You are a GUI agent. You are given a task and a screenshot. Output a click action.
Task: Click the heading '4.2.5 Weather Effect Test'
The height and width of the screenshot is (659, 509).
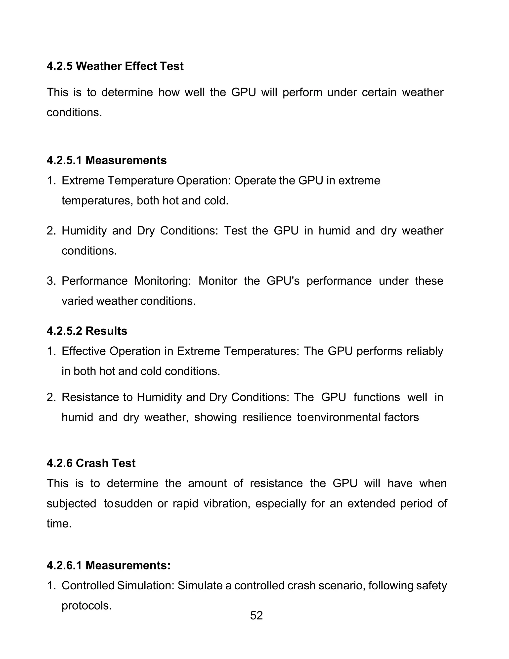pos(115,66)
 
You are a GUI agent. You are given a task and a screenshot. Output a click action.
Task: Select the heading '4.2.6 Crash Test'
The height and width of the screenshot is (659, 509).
pos(91,463)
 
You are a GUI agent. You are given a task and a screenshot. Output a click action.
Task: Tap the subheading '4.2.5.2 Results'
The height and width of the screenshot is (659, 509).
pos(87,331)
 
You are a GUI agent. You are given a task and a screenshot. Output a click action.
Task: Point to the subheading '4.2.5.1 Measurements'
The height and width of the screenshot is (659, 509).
pos(106,160)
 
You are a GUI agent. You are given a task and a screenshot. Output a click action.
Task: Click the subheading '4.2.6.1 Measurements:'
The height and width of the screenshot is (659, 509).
pos(109,565)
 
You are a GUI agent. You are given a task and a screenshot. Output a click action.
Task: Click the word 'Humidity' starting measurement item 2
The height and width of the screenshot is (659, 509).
pos(84,231)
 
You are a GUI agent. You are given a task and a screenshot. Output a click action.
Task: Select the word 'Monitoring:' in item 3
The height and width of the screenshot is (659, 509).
pos(163,281)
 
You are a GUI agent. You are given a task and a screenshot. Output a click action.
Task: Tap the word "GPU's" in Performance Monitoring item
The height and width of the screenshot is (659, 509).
pos(283,281)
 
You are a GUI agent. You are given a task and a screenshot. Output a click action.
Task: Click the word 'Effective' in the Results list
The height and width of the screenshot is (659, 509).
pos(83,351)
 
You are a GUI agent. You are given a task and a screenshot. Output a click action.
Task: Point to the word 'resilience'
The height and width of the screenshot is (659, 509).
pos(267,417)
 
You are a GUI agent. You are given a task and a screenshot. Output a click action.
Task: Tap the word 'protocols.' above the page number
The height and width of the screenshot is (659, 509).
pos(86,606)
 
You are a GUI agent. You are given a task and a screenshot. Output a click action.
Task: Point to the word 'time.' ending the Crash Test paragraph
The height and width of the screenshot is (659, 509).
pos(59,523)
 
